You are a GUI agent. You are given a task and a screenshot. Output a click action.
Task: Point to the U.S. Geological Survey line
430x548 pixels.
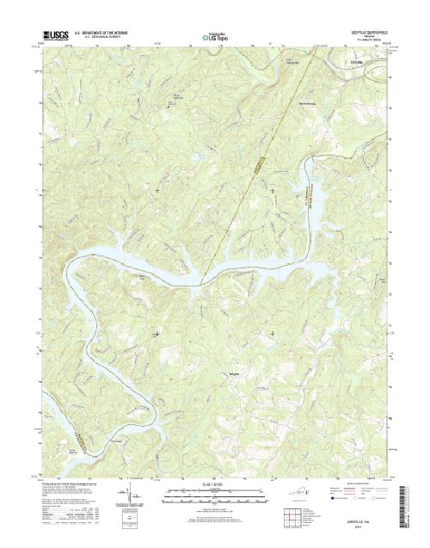point(101,40)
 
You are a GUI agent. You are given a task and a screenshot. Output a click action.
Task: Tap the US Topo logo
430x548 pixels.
point(215,39)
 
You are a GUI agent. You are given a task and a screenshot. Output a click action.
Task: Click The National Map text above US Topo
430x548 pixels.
point(215,33)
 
